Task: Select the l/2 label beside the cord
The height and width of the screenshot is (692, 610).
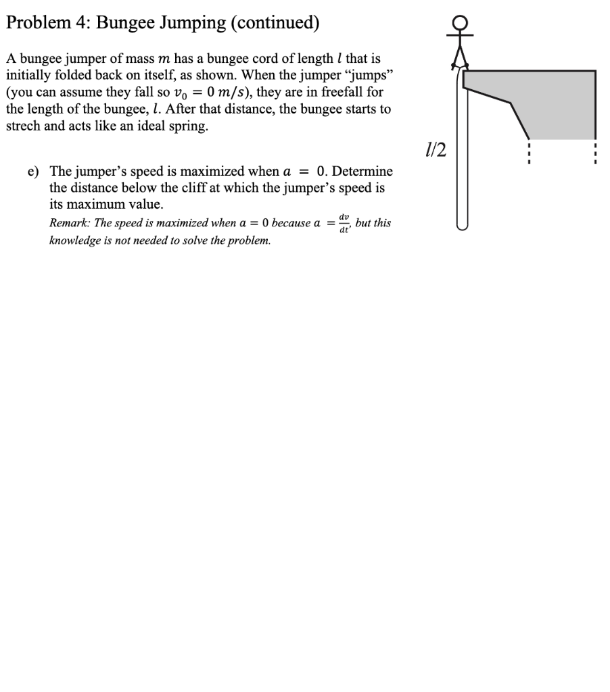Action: tap(433, 149)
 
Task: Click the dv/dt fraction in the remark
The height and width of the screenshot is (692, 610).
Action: tap(344, 223)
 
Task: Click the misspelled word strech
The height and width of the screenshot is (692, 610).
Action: tap(24, 126)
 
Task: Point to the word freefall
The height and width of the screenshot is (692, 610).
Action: tap(348, 93)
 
